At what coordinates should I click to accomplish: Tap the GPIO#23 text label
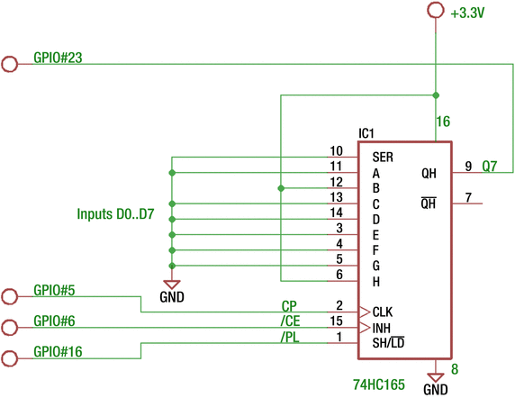pos(59,56)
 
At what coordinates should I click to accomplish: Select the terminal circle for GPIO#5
pos(11,296)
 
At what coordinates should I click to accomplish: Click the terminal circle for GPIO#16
pos(11,358)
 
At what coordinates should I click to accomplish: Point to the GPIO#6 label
pos(54,321)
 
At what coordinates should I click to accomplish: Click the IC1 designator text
pos(366,133)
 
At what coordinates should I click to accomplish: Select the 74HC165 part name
pos(379,384)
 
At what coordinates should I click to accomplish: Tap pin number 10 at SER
pos(337,150)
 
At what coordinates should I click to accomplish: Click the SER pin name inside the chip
pos(382,158)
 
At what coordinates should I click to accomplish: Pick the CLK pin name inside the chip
pos(382,312)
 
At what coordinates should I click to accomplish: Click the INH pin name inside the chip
pos(381,328)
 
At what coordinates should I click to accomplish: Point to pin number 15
pos(337,321)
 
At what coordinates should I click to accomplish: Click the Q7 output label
pos(489,166)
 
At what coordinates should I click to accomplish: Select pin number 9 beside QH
pos(468,166)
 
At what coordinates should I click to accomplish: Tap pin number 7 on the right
pos(468,197)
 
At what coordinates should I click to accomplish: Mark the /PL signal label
pos(290,337)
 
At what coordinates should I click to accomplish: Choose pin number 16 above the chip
pos(443,122)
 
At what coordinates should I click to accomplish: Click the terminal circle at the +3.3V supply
pos(436,10)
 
